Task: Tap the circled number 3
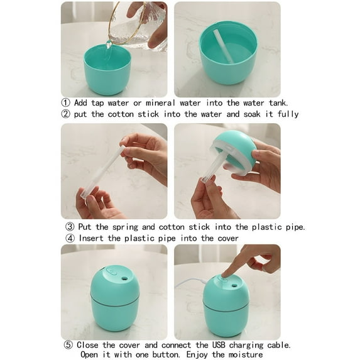(70, 227)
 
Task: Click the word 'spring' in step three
(129, 227)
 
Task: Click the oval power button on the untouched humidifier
(111, 272)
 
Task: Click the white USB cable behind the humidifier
(188, 283)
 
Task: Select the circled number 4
(70, 238)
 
